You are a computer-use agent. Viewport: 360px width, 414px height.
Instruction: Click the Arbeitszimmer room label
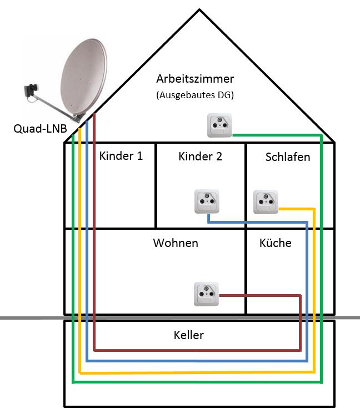[x=194, y=78]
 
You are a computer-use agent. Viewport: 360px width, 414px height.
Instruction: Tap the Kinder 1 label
[x=121, y=155]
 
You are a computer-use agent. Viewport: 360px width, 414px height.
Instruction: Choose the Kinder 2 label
[x=200, y=156]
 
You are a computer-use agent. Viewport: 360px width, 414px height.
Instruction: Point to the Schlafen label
[x=288, y=156]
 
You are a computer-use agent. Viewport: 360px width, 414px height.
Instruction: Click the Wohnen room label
[x=176, y=243]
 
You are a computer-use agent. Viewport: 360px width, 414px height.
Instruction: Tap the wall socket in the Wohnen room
[x=207, y=295]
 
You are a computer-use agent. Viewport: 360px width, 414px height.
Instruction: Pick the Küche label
[x=275, y=243]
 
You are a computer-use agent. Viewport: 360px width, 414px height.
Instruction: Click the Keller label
[x=189, y=335]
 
